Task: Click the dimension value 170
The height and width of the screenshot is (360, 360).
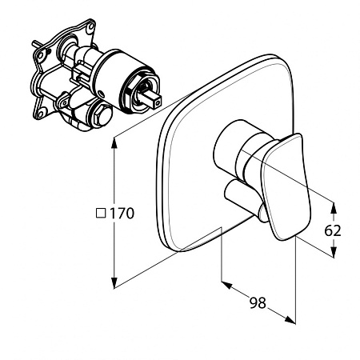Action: pos(122,214)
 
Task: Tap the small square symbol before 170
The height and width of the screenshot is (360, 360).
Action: pos(101,213)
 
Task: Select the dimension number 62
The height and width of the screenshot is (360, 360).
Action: pos(333,231)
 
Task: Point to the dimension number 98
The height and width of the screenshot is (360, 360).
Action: pos(258,303)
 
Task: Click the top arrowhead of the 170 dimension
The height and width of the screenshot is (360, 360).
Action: pos(114,143)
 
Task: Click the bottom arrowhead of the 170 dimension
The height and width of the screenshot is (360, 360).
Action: pos(114,282)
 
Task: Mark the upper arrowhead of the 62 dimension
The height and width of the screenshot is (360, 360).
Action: pos(334,208)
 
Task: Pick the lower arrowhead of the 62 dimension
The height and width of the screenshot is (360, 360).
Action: pos(334,252)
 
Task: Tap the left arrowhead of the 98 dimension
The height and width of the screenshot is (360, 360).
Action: pos(226,285)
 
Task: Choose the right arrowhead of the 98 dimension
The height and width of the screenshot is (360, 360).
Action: pos(290,319)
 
